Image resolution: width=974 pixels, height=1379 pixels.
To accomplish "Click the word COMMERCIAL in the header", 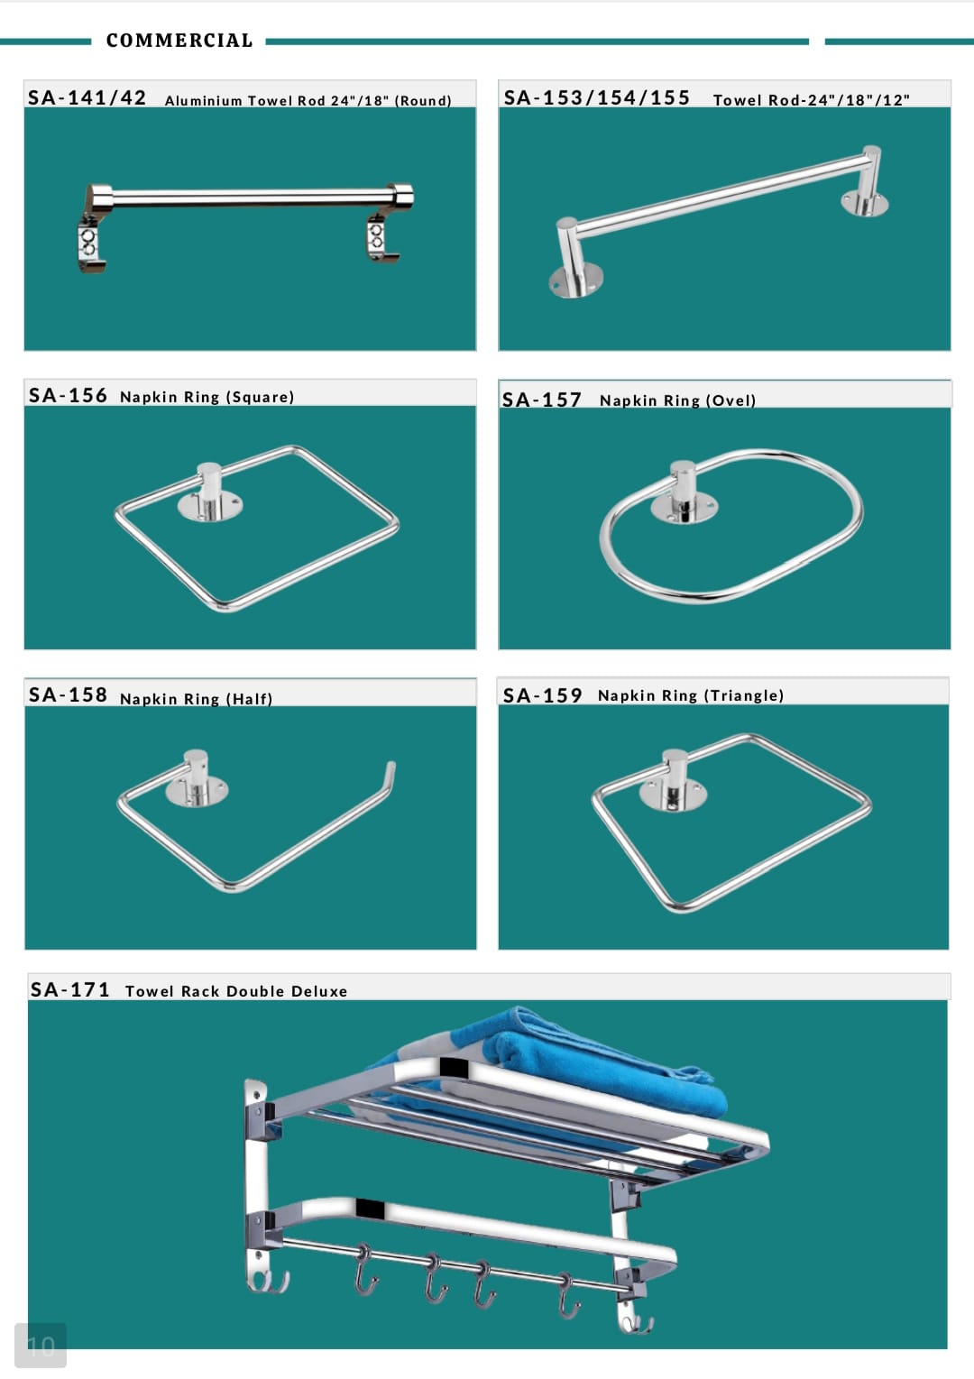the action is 179,41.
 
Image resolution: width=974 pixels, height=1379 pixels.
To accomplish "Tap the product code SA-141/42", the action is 87,97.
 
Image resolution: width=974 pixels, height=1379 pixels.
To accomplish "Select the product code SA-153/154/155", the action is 597,97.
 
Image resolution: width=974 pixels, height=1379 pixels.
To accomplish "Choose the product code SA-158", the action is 68,694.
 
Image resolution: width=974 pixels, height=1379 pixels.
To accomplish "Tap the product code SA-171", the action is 69,989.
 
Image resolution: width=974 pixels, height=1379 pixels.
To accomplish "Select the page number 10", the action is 41,1347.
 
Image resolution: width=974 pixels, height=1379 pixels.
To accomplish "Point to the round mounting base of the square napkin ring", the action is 210,506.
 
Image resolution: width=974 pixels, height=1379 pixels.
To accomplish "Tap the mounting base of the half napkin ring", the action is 197,791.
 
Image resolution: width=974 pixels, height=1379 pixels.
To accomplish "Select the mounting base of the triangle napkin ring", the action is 673,795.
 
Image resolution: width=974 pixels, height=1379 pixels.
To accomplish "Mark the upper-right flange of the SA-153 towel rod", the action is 865,203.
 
